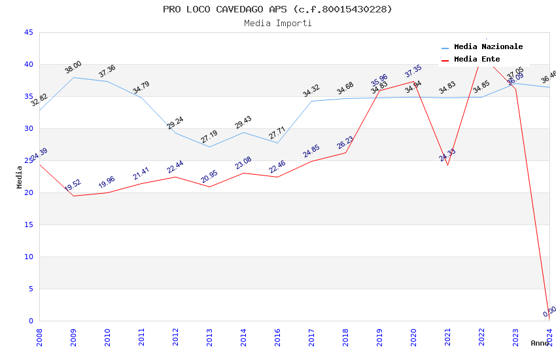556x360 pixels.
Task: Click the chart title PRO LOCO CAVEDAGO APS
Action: (x=277, y=9)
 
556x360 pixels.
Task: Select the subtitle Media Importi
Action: (x=277, y=24)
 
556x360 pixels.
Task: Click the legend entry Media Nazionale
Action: (x=488, y=47)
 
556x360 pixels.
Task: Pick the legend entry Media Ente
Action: (x=476, y=60)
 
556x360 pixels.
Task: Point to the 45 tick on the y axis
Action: (x=28, y=33)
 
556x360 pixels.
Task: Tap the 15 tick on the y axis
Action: (x=28, y=225)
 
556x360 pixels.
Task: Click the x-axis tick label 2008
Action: (x=39, y=337)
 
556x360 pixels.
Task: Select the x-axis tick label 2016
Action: (x=278, y=337)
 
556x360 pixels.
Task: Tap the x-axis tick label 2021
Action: (x=448, y=337)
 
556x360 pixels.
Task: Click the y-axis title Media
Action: (x=20, y=177)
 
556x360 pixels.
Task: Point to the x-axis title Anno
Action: (x=540, y=343)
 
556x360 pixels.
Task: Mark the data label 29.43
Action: (x=243, y=122)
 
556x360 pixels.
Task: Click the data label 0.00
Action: (x=549, y=312)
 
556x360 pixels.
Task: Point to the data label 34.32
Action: (x=311, y=91)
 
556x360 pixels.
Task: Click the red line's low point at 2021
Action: (x=447, y=165)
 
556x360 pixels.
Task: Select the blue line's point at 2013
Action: (x=209, y=147)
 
